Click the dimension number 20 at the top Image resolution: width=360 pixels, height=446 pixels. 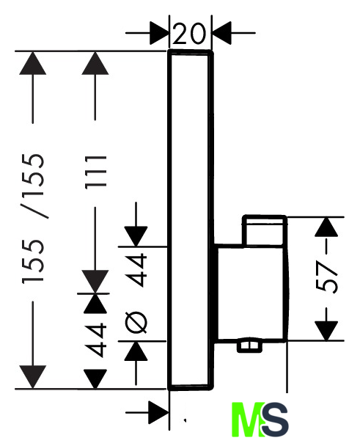tap(188, 34)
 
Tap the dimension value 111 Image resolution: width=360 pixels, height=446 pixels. tap(96, 172)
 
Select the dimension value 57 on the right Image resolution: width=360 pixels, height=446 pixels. tap(326, 277)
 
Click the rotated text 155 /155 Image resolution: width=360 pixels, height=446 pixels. tap(34, 219)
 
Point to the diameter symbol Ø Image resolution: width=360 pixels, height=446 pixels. tap(136, 322)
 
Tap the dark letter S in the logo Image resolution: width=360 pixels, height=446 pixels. tap(274, 420)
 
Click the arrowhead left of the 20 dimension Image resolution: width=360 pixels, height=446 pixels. tap(159, 33)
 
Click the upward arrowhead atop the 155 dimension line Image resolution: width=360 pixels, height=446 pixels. tap(33, 63)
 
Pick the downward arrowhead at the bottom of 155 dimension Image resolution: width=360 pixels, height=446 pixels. tap(33, 377)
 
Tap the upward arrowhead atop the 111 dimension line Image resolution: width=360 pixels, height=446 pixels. tap(95, 63)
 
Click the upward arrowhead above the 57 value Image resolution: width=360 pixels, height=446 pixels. tap(326, 227)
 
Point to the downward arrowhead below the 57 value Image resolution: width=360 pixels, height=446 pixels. tap(326, 331)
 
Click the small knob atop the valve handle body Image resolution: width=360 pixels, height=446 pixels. tap(265, 230)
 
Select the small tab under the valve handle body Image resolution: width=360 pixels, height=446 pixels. tap(250, 346)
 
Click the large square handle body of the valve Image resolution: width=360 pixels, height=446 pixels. tap(251, 293)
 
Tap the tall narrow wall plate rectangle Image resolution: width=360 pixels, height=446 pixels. tap(190, 220)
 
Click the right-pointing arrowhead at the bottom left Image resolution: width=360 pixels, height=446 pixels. tap(159, 412)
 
